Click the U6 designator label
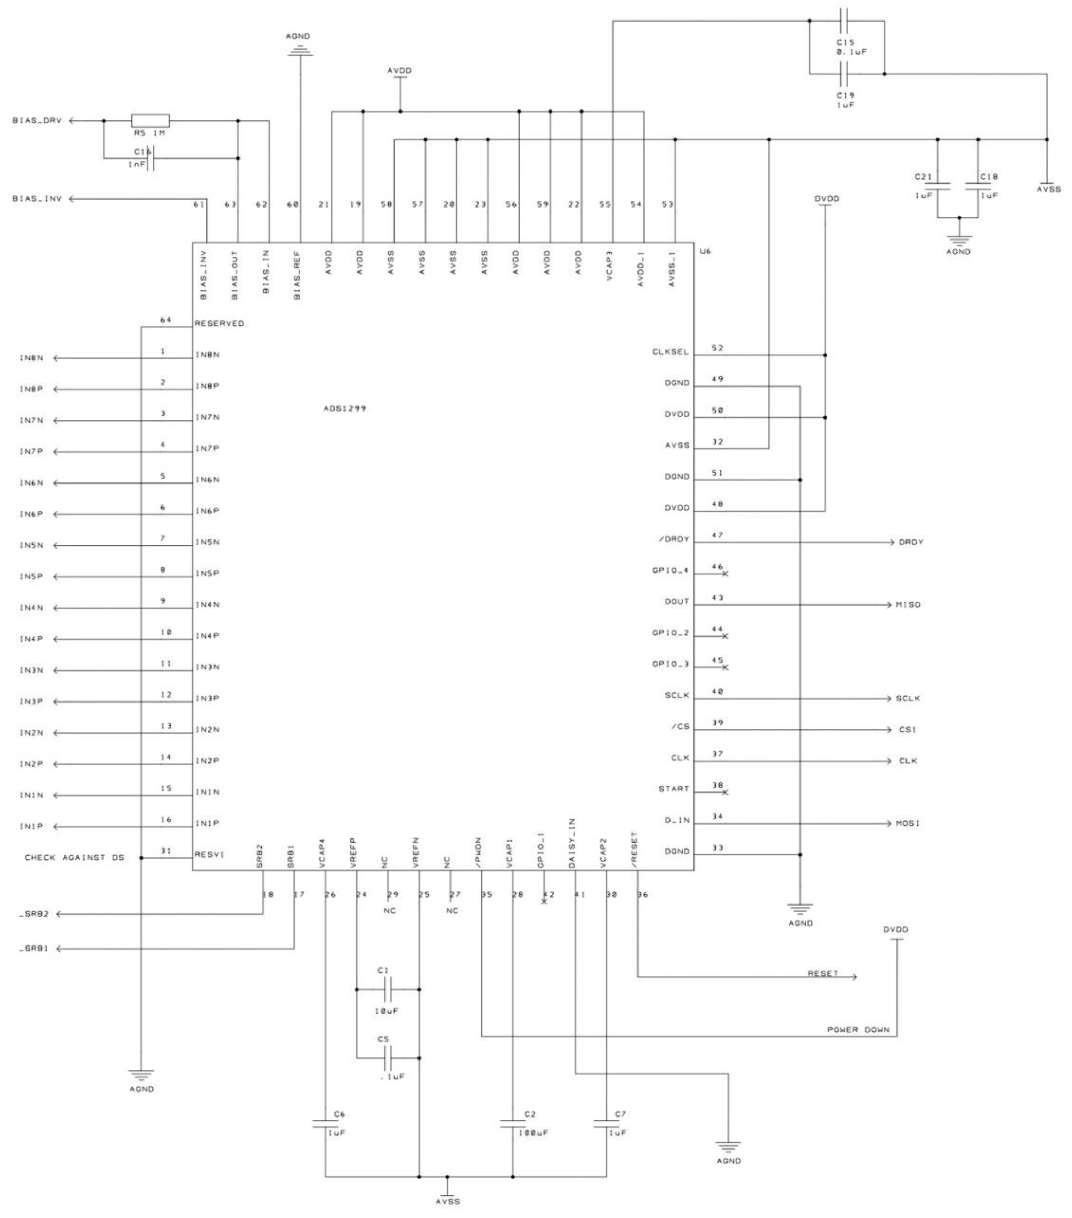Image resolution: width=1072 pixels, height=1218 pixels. [x=705, y=251]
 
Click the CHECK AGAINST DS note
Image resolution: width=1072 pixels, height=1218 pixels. [x=74, y=858]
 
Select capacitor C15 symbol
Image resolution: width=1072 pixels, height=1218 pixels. [x=846, y=22]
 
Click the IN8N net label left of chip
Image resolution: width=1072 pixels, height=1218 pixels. [x=32, y=358]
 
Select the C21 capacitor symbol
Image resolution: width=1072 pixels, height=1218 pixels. [x=937, y=186]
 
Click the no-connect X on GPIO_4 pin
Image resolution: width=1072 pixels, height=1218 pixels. [x=725, y=574]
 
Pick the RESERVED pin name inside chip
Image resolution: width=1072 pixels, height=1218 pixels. [x=219, y=324]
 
